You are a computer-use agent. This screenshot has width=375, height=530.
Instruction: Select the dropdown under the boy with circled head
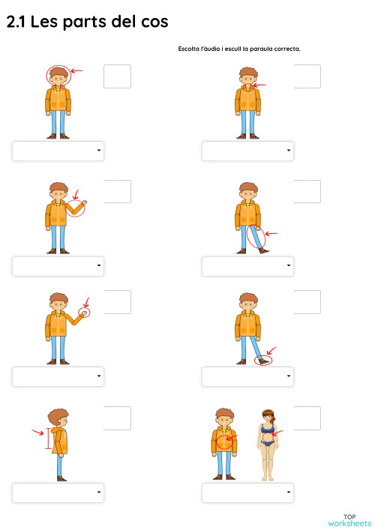pyautogui.click(x=58, y=151)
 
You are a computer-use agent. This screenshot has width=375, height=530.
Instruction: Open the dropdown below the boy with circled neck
pyautogui.click(x=247, y=151)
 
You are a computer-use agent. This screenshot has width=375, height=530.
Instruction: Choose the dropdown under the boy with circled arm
pyautogui.click(x=58, y=266)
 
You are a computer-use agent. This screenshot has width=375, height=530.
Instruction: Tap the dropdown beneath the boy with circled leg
pyautogui.click(x=247, y=266)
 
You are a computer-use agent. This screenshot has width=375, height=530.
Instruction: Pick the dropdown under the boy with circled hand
pyautogui.click(x=58, y=376)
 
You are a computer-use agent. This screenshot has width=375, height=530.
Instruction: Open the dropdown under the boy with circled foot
pyautogui.click(x=247, y=376)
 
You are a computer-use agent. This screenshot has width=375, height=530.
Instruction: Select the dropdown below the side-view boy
pyautogui.click(x=58, y=493)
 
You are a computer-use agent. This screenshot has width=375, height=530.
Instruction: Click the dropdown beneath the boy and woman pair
pyautogui.click(x=247, y=493)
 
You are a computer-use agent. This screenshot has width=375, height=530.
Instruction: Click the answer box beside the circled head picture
pyautogui.click(x=117, y=76)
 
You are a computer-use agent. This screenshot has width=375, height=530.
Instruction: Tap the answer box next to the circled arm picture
pyautogui.click(x=117, y=191)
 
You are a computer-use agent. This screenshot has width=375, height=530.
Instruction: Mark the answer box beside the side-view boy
pyautogui.click(x=117, y=418)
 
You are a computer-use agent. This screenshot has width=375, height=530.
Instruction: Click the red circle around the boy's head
pyautogui.click(x=58, y=74)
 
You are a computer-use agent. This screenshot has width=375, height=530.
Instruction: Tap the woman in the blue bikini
pyautogui.click(x=266, y=444)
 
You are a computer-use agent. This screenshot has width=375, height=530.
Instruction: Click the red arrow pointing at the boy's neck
pyautogui.click(x=259, y=86)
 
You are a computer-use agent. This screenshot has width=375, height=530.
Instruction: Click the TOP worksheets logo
pyautogui.click(x=349, y=520)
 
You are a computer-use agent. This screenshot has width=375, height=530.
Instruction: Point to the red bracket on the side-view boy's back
pyautogui.click(x=49, y=439)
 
